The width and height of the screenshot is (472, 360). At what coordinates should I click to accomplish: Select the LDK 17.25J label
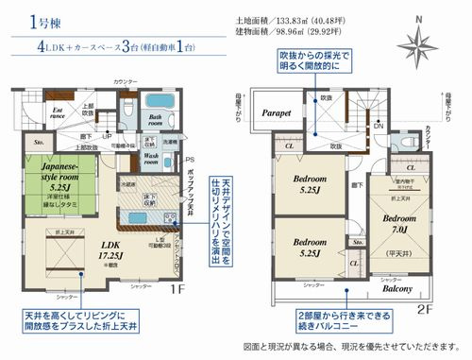89,249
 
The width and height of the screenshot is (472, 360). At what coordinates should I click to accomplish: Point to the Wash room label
151,157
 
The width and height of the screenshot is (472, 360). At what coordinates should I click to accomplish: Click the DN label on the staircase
379,126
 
